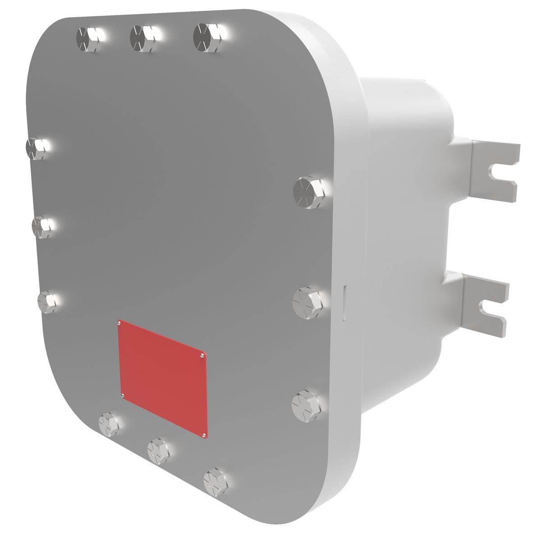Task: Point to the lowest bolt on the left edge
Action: pos(48,301)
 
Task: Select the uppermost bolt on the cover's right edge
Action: pos(307,192)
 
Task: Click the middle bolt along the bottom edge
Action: pos(159,449)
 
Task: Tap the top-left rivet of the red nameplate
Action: pos(119,322)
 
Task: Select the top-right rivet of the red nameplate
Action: pos(202,356)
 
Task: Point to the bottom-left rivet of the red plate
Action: pos(123,396)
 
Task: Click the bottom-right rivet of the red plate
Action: pos(204,435)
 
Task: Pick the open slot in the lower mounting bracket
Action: pos(491,308)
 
